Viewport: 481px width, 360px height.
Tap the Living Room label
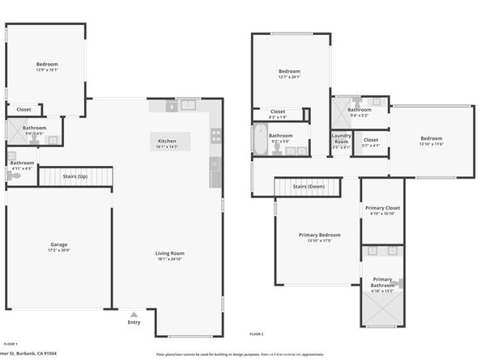click(171, 254)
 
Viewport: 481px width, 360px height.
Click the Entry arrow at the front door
click(134, 313)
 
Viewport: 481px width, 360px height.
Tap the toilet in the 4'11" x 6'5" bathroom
click(11, 157)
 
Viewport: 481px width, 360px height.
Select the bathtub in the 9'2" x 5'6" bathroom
click(259, 138)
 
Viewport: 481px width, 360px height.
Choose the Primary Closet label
click(381, 208)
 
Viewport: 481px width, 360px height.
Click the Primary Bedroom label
click(318, 235)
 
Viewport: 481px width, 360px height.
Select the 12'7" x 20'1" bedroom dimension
click(290, 78)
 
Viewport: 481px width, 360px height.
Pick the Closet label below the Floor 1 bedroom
click(23, 108)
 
